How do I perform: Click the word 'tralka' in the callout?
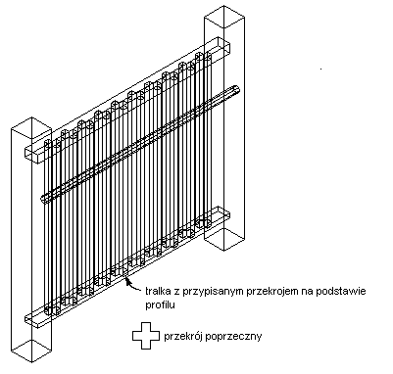point(155,291)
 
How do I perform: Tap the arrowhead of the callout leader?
point(127,280)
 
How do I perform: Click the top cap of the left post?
point(31,124)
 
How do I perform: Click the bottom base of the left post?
point(31,351)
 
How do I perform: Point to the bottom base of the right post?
point(224,239)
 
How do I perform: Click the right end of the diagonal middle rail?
point(237,90)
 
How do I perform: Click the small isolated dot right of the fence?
point(320,69)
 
